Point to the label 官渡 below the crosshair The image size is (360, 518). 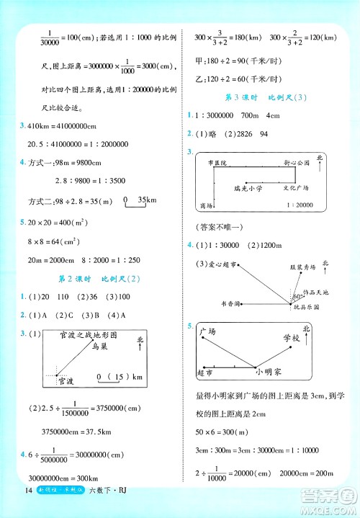(x=66, y=380)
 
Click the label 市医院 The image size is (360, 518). (x=215, y=164)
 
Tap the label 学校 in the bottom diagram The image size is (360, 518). (x=291, y=338)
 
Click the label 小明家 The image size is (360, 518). (x=268, y=372)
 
